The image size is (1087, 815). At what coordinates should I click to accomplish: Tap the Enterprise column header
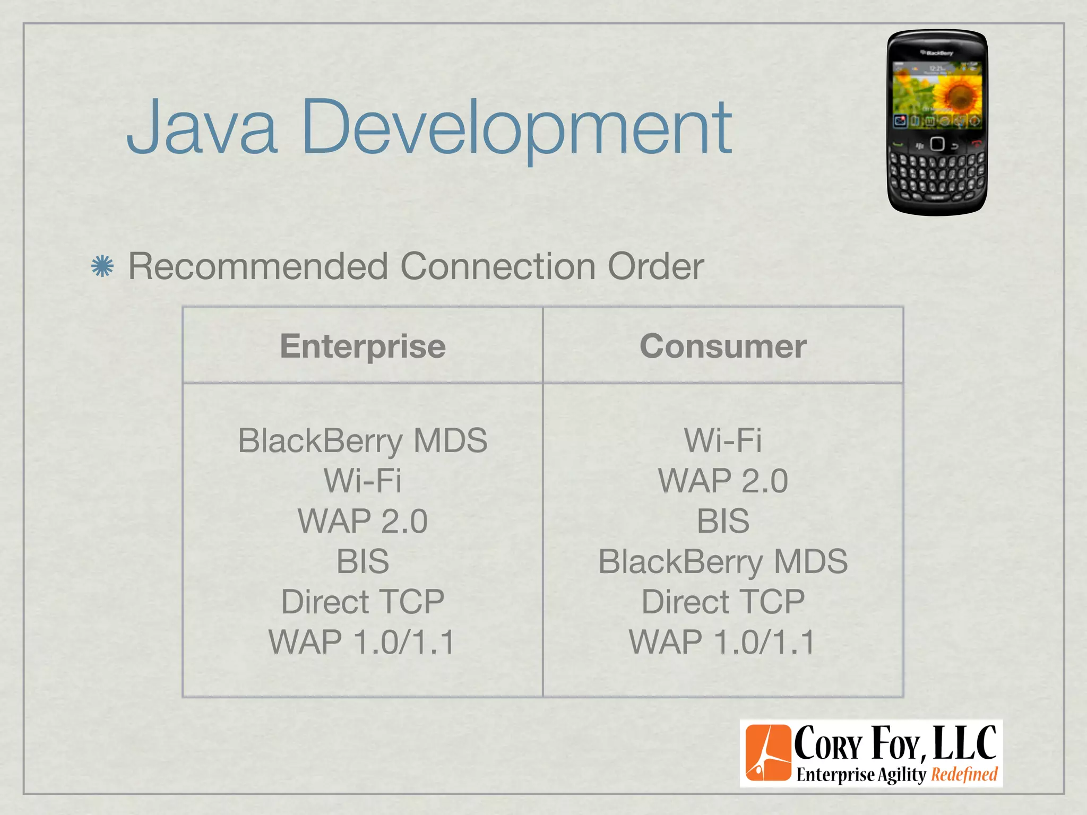pyautogui.click(x=363, y=346)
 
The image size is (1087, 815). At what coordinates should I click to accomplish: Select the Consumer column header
pyautogui.click(x=723, y=346)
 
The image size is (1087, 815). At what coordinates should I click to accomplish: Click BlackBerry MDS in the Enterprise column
pyautogui.click(x=363, y=440)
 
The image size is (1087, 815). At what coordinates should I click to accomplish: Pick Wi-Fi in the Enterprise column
pyautogui.click(x=363, y=481)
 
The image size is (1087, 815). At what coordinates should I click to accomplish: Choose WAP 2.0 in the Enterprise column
pyautogui.click(x=363, y=521)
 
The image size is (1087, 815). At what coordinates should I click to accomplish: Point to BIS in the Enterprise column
pyautogui.click(x=363, y=561)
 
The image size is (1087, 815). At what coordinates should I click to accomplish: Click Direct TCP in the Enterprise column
pyautogui.click(x=363, y=602)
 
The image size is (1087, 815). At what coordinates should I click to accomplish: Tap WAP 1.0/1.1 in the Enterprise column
pyautogui.click(x=363, y=642)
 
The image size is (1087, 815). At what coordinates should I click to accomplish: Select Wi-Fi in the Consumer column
pyautogui.click(x=723, y=440)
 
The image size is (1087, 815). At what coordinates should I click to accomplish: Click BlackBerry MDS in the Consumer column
pyautogui.click(x=723, y=561)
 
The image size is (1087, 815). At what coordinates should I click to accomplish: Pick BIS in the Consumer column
pyautogui.click(x=723, y=521)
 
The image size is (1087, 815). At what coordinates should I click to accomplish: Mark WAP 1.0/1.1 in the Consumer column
pyautogui.click(x=723, y=642)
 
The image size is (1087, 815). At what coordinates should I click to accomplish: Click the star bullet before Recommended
pyautogui.click(x=102, y=266)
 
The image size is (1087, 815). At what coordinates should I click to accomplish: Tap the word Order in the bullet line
pyautogui.click(x=655, y=266)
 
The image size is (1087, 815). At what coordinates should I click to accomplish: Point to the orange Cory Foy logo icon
pyautogui.click(x=768, y=753)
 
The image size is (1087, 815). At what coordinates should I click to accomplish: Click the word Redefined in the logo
pyautogui.click(x=964, y=775)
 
